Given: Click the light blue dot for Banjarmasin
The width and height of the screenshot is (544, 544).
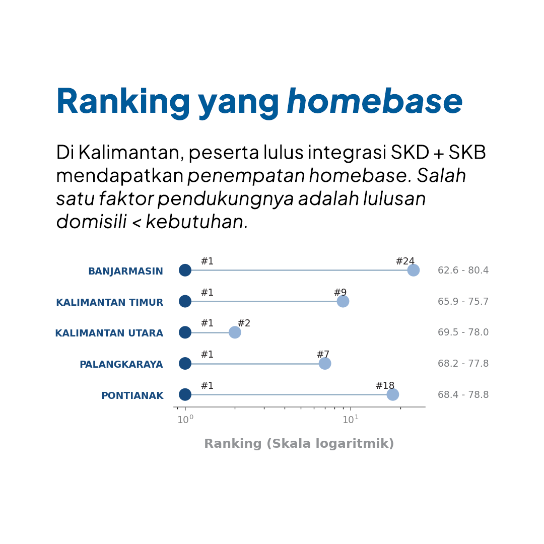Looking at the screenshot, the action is (413, 270).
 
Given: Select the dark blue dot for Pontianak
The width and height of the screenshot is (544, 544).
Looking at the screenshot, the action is (185, 394).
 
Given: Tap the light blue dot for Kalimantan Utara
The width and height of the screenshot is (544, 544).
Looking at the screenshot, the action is (235, 332).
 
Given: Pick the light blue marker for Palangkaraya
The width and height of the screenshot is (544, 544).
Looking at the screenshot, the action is (325, 364).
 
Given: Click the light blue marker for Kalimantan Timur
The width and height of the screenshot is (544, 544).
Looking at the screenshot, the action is (343, 301).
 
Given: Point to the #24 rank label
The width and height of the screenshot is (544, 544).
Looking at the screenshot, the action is (405, 261).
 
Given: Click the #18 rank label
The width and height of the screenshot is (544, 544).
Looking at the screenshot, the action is (385, 385).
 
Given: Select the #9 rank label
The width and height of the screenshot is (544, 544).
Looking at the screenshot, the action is (340, 292).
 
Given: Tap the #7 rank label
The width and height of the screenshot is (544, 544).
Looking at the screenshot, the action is (323, 354).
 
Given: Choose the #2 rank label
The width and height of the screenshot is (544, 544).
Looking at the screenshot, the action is (244, 323).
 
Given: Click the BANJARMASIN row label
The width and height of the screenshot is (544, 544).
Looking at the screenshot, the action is (125, 271).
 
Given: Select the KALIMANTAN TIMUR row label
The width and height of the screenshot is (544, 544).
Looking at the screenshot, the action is (110, 303).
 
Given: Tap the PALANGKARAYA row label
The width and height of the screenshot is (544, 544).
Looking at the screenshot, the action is (121, 364).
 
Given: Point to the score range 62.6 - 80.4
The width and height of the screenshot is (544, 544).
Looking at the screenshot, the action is (463, 270).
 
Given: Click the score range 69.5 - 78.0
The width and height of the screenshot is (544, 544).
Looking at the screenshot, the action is (463, 332).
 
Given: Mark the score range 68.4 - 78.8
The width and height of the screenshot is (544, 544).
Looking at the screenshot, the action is (463, 394).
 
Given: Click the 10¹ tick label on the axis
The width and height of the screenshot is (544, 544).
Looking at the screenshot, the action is (351, 420).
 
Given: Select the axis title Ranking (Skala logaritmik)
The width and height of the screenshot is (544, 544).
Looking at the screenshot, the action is (299, 444).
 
